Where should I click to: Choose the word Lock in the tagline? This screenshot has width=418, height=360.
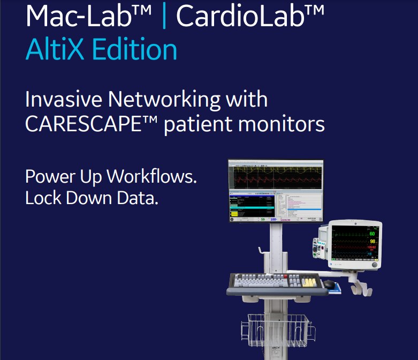(43, 198)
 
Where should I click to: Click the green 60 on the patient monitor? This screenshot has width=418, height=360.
(371, 234)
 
